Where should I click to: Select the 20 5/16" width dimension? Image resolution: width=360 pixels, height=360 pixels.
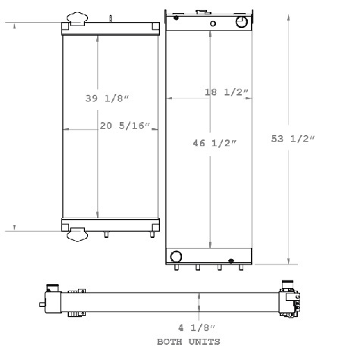tap(125, 126)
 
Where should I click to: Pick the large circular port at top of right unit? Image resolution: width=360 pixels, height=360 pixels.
tap(243, 23)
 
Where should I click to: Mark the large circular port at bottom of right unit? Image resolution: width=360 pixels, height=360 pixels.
tap(176, 255)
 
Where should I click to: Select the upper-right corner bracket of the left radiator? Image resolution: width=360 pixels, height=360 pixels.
tap(155, 27)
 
